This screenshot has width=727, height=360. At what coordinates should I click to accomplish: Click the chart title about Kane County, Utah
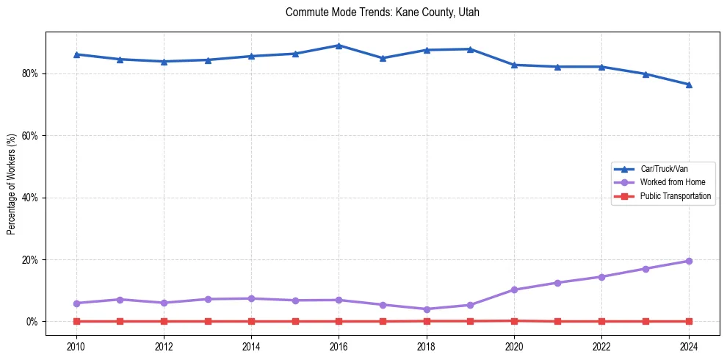(382, 12)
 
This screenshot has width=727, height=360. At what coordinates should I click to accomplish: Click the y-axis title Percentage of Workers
(12, 184)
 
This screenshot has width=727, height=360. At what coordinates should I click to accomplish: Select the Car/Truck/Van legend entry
(663, 169)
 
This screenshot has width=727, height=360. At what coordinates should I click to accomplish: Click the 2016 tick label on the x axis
(339, 347)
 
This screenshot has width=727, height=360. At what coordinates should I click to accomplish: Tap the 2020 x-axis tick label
(514, 347)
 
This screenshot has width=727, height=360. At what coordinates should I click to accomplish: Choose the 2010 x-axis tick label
(76, 347)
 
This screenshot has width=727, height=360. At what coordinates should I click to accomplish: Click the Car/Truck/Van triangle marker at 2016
(339, 46)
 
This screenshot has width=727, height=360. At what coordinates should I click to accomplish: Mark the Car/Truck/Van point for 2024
(689, 84)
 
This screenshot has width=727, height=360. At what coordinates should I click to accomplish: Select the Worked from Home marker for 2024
(689, 261)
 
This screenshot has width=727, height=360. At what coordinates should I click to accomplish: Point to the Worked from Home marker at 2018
(427, 309)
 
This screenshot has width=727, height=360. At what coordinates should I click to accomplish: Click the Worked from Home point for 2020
(514, 289)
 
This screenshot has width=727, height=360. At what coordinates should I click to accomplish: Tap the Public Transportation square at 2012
(164, 321)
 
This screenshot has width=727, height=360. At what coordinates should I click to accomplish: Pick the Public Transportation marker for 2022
(601, 321)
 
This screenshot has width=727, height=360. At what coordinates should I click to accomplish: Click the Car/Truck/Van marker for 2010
(76, 54)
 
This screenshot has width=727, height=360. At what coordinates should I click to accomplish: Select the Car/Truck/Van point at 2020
(514, 65)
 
